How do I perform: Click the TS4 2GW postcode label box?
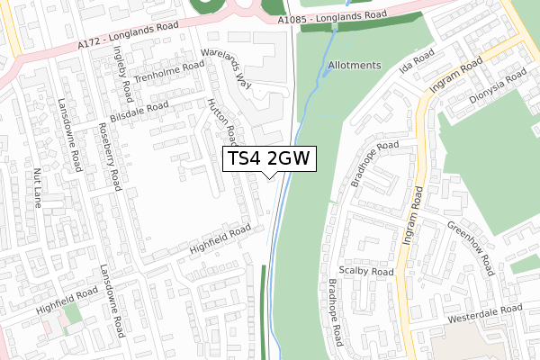click(268, 158)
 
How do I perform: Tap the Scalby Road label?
click(366, 271)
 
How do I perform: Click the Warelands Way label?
click(225, 66)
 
